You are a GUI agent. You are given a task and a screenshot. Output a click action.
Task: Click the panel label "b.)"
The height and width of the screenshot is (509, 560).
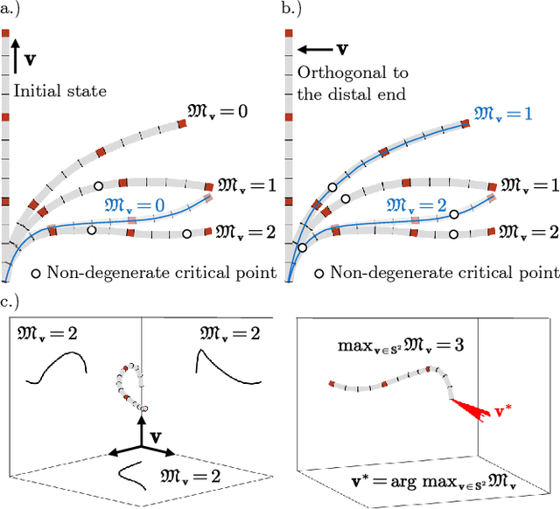click(x=294, y=10)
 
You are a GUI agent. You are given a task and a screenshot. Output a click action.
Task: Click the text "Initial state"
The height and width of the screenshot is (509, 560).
click(x=47, y=89)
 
